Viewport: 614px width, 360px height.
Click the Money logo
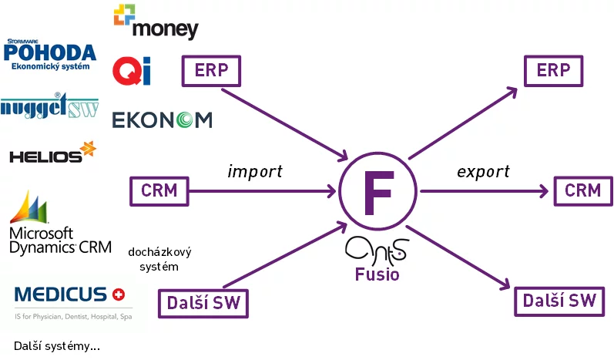click(156, 21)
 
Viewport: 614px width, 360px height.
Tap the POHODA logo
click(50, 55)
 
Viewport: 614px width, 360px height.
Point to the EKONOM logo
click(162, 120)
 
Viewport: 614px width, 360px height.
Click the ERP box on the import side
click(211, 71)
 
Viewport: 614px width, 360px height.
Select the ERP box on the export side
click(553, 71)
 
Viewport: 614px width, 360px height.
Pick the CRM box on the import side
click(159, 190)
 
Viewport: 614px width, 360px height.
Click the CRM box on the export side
click(582, 190)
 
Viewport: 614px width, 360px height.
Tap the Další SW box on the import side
click(203, 303)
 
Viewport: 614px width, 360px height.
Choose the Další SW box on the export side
click(559, 301)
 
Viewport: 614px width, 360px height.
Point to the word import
click(255, 170)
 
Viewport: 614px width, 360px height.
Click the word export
click(483, 170)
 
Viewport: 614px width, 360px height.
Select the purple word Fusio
click(377, 274)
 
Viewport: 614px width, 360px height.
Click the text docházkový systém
click(159, 259)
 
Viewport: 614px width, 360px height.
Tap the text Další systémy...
click(56, 346)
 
